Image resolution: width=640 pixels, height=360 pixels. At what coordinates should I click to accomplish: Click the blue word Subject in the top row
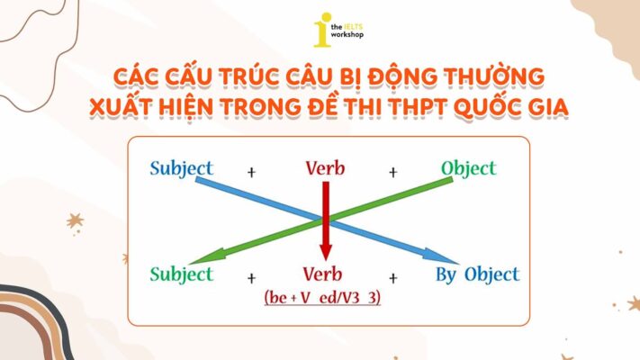182,169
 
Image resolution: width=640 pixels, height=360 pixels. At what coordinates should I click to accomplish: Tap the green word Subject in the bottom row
182,274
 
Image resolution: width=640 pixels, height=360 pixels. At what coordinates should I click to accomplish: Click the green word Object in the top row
468,168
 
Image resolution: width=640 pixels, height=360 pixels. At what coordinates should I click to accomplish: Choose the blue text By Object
476,274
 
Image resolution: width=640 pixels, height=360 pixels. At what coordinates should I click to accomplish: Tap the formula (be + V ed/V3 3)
322,297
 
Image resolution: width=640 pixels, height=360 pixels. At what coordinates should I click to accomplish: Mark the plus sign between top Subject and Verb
251,171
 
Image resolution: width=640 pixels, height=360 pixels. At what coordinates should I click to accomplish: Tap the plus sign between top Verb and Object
393,171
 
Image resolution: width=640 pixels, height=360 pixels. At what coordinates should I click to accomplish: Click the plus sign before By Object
393,277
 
